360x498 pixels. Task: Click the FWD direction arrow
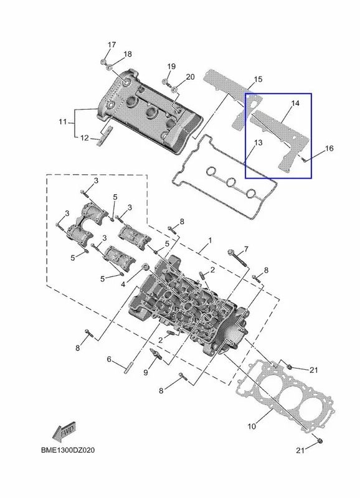(x=64, y=431)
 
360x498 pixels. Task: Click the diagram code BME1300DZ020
(x=68, y=450)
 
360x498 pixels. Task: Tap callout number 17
(x=111, y=45)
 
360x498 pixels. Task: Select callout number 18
(x=128, y=54)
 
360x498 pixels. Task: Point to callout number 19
(x=171, y=67)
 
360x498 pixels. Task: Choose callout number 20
(x=190, y=77)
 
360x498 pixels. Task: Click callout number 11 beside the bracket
(x=62, y=121)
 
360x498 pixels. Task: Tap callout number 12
(x=85, y=138)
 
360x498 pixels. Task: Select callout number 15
(x=258, y=79)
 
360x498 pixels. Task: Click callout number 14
(x=295, y=103)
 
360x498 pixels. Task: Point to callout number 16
(x=329, y=148)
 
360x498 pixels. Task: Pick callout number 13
(x=258, y=143)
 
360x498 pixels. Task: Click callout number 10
(x=252, y=426)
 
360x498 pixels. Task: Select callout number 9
(x=146, y=372)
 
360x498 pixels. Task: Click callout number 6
(x=109, y=359)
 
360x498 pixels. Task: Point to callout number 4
(x=123, y=284)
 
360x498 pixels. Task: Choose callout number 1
(x=210, y=240)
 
